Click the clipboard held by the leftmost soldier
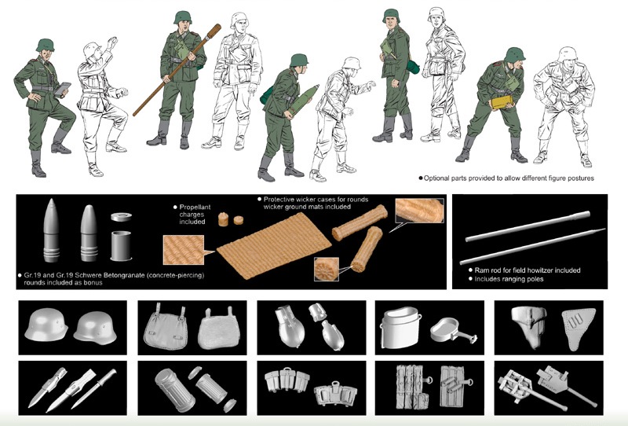click(63, 89)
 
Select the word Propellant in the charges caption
click(195, 207)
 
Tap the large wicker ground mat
click(274, 245)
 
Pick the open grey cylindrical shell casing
click(121, 245)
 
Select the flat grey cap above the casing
click(122, 217)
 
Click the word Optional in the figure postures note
click(436, 178)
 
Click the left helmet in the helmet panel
click(46, 325)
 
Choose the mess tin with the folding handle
click(454, 329)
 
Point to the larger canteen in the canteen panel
click(290, 326)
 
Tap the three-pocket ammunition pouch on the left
click(287, 380)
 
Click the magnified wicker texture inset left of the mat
click(184, 250)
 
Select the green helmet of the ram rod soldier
click(183, 17)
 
